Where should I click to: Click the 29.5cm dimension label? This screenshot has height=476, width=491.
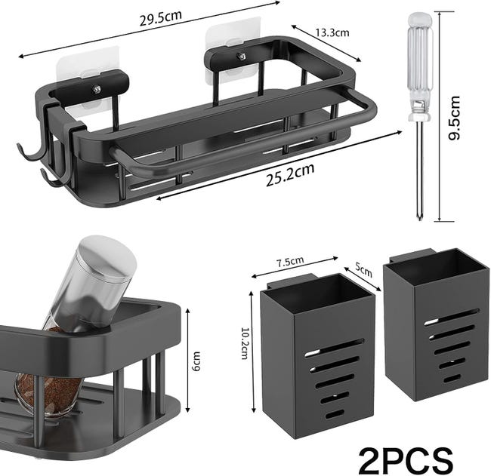(160, 18)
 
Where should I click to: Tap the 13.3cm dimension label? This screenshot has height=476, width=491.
(332, 32)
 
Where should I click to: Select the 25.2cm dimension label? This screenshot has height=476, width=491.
(290, 175)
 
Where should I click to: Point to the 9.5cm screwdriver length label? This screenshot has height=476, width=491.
(454, 118)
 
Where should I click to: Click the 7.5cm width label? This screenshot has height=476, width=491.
(290, 262)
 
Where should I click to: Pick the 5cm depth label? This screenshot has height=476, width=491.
(363, 270)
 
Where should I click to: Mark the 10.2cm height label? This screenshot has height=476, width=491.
(245, 343)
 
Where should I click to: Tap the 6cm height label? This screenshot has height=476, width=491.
(196, 361)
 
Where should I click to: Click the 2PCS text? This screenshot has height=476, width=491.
(406, 461)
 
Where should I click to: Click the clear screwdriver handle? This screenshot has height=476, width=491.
(420, 66)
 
